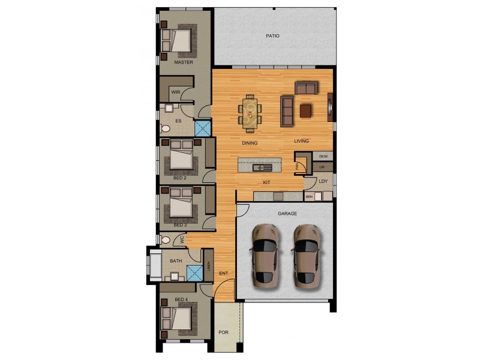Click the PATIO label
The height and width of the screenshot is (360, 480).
coord(273,36)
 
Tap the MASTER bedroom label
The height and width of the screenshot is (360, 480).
coord(183,62)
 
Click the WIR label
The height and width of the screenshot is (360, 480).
coord(176,92)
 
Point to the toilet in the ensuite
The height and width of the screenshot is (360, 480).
coord(166,128)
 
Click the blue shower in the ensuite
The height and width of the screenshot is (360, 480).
coord(203,128)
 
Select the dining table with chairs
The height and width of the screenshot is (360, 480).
coord(250,112)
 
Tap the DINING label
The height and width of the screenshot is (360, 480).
coord(250,143)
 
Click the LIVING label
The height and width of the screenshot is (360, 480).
coord(301,141)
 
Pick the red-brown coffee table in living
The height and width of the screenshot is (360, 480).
coord(306,110)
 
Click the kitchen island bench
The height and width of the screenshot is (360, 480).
coord(259,164)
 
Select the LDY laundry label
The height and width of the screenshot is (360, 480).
coord(323,181)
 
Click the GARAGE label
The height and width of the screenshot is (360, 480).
coord(287,213)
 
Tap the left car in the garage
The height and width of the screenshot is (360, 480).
coord(265,254)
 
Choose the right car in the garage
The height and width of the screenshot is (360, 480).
coord(306,254)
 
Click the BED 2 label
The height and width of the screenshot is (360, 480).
coord(180,178)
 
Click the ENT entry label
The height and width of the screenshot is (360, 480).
coord(223,274)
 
